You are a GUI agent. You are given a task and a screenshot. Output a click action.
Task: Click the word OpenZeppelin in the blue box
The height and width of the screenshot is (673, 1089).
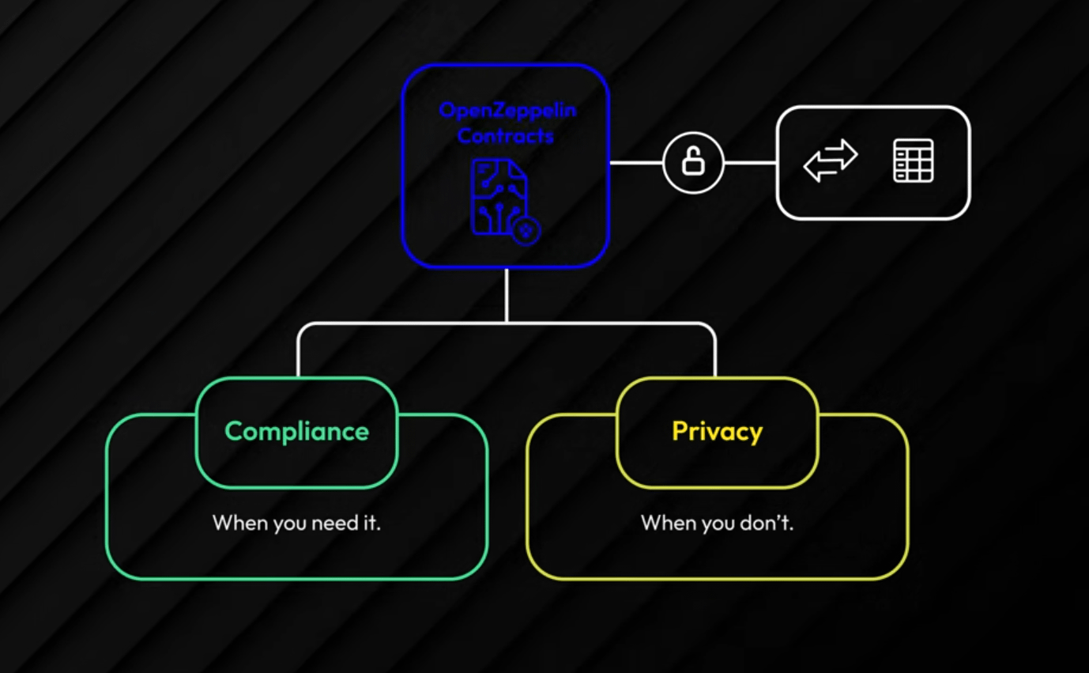507,110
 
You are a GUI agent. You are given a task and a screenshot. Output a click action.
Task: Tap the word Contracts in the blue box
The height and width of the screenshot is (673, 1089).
506,136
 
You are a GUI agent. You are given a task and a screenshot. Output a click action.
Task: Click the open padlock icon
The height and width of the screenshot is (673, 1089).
693,163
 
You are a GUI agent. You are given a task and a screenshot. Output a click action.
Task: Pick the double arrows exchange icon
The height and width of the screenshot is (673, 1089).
830,161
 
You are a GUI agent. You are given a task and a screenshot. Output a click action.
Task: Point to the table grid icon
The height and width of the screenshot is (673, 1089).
914,161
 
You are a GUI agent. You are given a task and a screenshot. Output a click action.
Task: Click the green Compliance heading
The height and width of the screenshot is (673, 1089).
296,432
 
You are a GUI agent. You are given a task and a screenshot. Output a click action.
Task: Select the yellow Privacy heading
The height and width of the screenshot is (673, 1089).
717,432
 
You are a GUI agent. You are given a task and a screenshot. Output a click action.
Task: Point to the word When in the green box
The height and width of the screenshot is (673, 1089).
240,523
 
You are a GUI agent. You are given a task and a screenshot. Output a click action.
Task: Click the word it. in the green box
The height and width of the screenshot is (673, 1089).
371,523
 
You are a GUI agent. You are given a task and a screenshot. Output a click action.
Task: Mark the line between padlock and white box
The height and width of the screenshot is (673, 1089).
750,164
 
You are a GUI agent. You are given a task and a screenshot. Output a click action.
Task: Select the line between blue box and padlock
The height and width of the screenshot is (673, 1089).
636,164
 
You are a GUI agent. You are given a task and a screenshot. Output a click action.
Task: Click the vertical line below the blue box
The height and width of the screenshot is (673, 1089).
506,294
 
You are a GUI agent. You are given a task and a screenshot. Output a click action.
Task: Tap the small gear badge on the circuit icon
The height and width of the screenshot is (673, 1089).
526,230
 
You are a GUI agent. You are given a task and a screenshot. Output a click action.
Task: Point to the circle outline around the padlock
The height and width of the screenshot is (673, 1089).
693,134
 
